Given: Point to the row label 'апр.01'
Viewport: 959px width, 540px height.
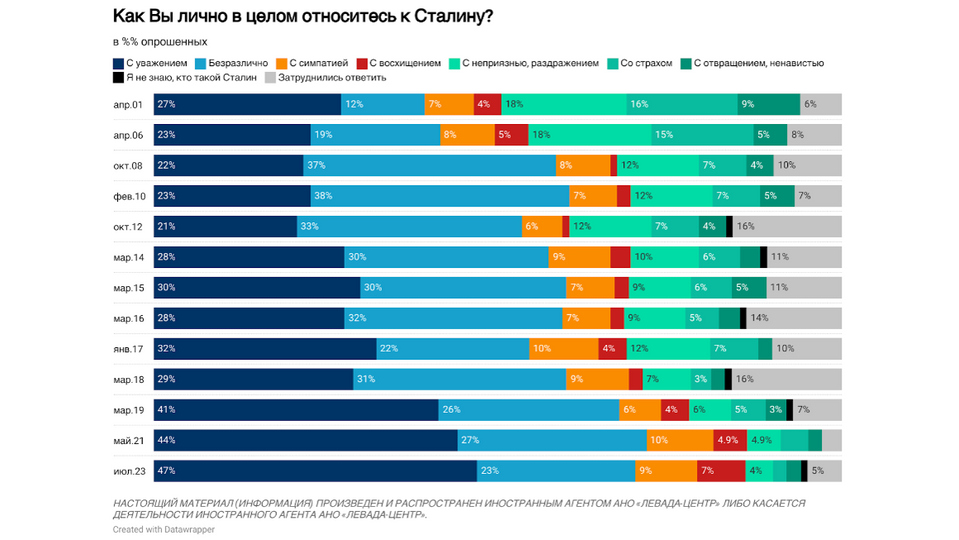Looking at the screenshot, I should pyautogui.click(x=128, y=105).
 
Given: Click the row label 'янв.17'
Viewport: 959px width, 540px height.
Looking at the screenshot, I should pyautogui.click(x=128, y=349).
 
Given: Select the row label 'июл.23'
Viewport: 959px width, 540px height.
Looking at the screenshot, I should pyautogui.click(x=128, y=471).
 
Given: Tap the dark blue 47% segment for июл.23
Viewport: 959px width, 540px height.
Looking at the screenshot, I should pyautogui.click(x=315, y=471).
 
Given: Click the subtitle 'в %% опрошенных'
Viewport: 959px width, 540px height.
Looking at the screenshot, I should pyautogui.click(x=160, y=42).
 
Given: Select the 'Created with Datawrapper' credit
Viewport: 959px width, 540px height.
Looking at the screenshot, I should pyautogui.click(x=163, y=530).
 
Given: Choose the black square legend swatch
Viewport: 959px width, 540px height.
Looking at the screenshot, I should pyautogui.click(x=118, y=77).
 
